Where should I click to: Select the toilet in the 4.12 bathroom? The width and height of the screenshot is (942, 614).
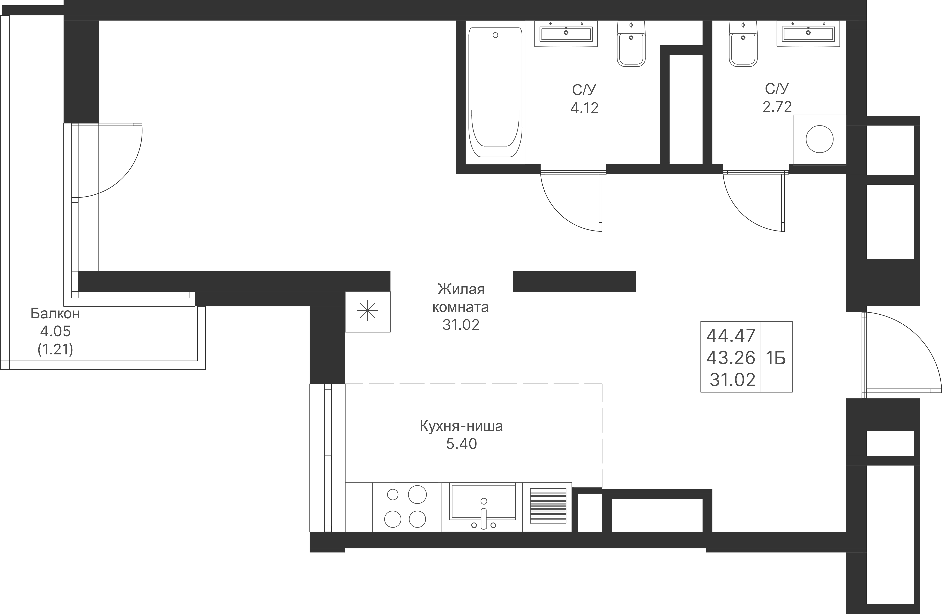(631, 44)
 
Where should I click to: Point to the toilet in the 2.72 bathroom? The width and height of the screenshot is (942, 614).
(743, 44)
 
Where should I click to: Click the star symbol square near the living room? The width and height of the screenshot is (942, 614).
(367, 311)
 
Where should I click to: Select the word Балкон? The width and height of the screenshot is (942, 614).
(55, 313)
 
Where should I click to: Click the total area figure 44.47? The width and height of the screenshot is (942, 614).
(731, 336)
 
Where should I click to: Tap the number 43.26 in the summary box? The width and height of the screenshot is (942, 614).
(731, 358)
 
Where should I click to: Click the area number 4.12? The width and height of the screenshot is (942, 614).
(584, 108)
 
